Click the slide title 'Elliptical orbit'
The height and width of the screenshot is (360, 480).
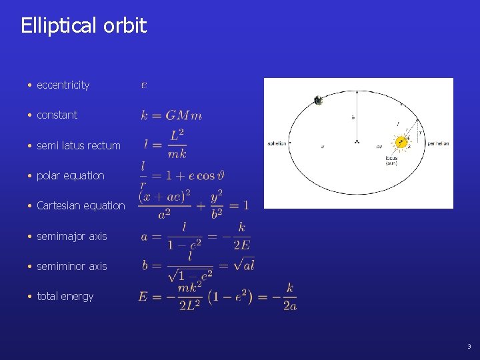click(83, 26)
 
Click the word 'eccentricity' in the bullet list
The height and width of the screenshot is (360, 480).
click(63, 85)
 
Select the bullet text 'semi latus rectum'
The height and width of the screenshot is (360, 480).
click(78, 145)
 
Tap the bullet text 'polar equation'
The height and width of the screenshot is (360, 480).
click(70, 176)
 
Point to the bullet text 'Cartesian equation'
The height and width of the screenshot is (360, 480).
click(81, 206)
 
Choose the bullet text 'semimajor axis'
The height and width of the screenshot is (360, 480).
click(71, 236)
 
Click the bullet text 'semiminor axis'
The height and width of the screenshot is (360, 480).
click(71, 267)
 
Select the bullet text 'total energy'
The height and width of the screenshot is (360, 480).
click(65, 297)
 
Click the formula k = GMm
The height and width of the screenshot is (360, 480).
click(171, 115)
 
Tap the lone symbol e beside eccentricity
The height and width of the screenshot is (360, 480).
click(145, 85)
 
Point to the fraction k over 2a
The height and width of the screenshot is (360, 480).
click(289, 297)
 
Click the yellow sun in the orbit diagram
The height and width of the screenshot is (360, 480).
click(401, 142)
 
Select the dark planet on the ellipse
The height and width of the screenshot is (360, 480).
click(318, 101)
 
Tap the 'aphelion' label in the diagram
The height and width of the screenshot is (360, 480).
click(277, 143)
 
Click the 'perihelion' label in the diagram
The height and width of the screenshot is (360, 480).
click(438, 143)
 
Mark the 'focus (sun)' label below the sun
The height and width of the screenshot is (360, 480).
click(391, 161)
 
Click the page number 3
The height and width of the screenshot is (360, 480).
click(469, 347)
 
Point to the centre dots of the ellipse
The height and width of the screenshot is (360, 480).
click(357, 142)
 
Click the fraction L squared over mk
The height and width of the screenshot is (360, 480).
click(177, 145)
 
